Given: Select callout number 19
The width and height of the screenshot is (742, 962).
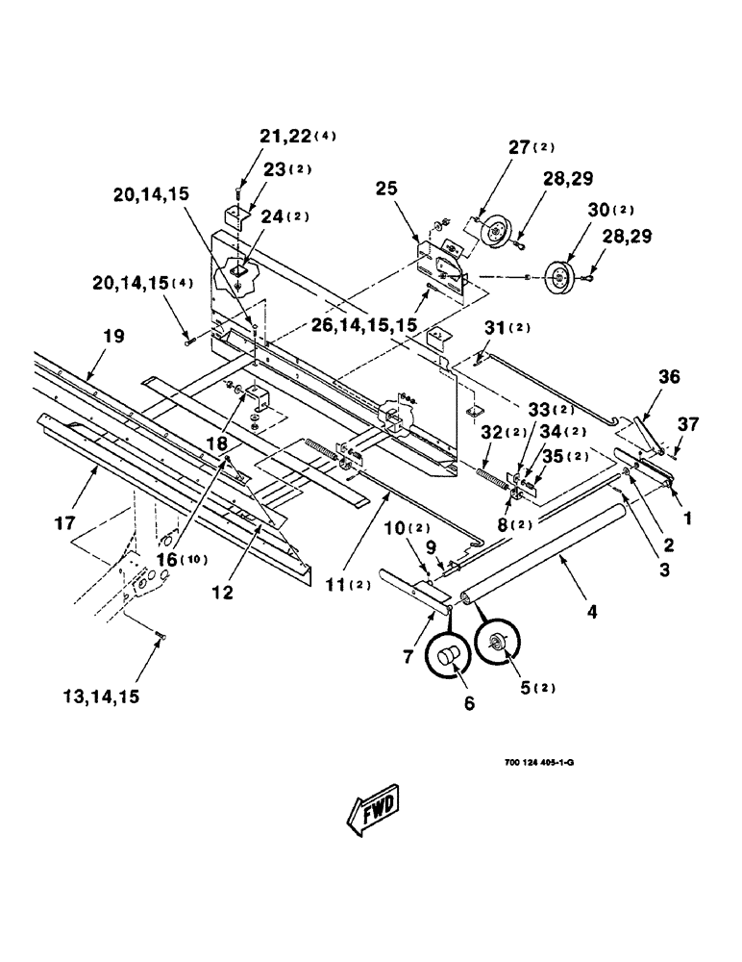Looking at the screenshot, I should (x=113, y=338).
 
